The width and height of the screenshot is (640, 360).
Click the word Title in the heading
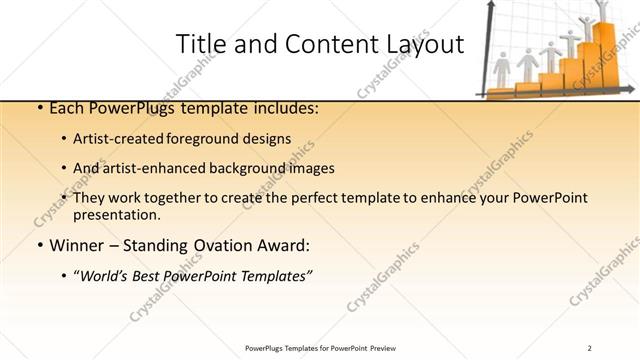pyautogui.click(x=198, y=45)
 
